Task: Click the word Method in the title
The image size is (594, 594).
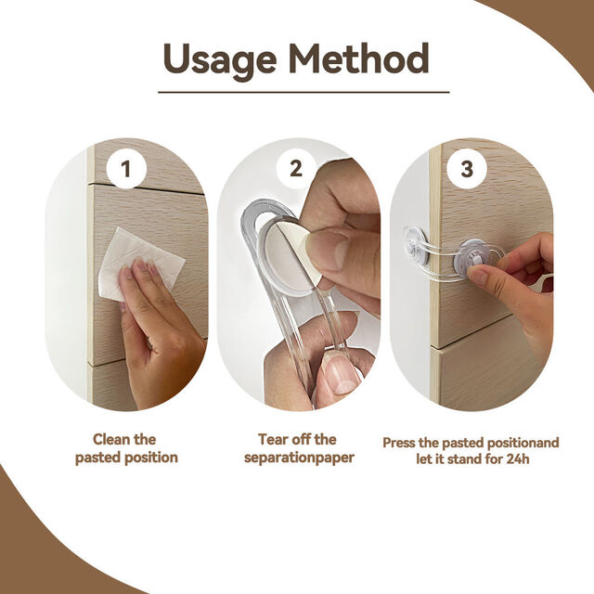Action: click(359, 58)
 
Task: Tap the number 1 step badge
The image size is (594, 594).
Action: click(126, 168)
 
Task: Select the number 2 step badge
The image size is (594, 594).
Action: click(296, 168)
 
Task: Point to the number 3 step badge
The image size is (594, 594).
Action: click(467, 168)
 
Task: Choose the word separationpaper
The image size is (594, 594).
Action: click(299, 458)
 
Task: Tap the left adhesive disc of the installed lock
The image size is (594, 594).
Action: click(416, 245)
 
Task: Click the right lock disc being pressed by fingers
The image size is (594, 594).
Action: click(471, 259)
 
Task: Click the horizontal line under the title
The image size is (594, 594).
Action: click(303, 92)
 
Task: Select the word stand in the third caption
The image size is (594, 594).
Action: click(465, 459)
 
